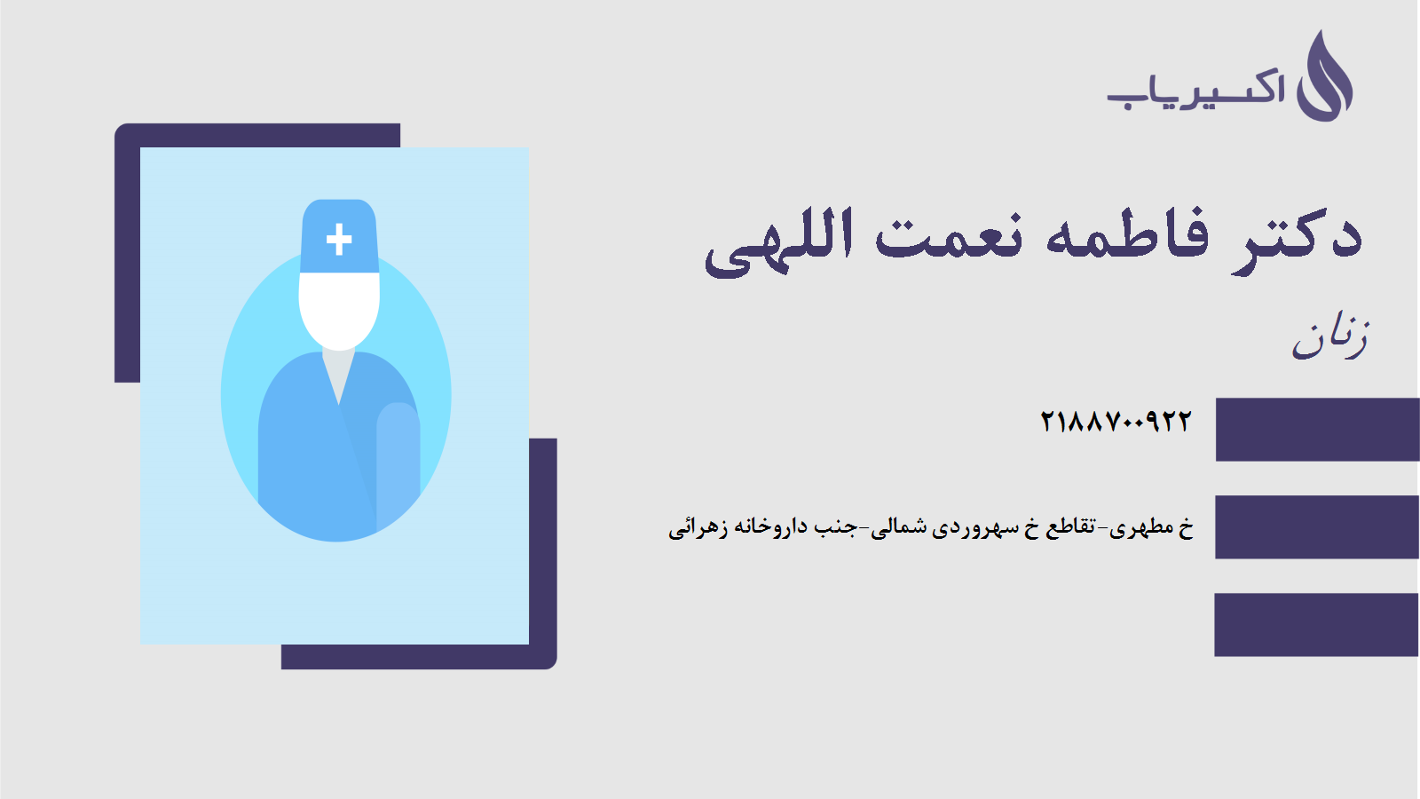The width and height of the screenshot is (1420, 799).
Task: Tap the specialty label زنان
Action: pos(1330,338)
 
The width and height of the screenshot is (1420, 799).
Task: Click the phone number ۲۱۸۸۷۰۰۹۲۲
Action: pos(1116,421)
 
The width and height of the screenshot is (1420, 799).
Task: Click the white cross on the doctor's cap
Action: pos(339,239)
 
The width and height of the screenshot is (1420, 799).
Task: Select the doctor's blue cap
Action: pos(339,236)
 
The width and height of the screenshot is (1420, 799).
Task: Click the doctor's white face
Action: pos(339,312)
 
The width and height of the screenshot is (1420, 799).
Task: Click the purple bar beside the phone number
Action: pos(1317,430)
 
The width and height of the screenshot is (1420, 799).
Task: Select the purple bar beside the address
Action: pos(1317,527)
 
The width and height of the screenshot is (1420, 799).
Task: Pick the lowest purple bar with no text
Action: pos(1317,625)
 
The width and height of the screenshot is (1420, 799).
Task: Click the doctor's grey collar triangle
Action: pos(338,374)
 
